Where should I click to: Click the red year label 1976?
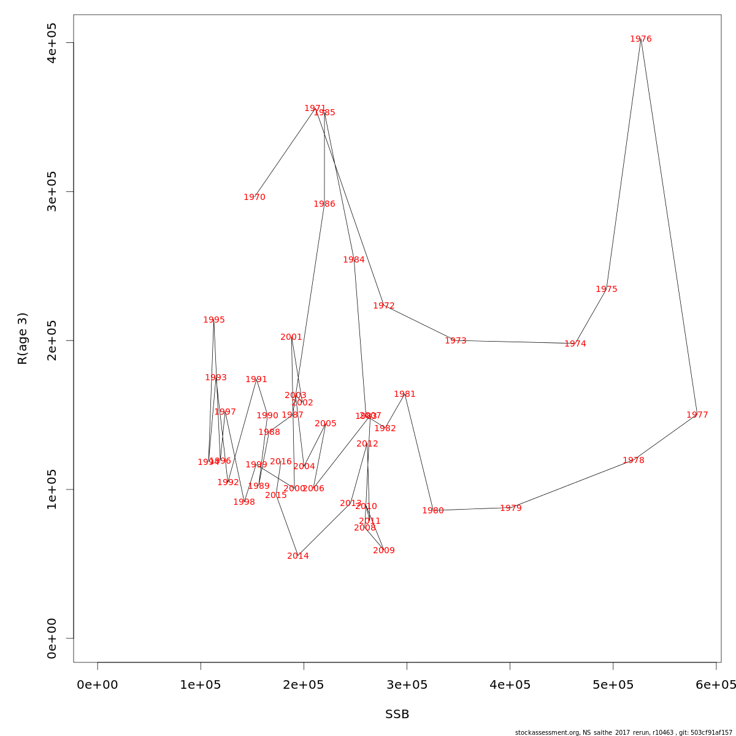tap(641, 39)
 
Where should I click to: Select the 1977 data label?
tap(697, 415)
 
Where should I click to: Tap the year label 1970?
tap(255, 197)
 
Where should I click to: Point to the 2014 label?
tap(298, 556)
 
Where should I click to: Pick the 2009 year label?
tap(384, 551)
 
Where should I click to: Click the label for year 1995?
tap(214, 320)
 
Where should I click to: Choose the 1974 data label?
tap(575, 344)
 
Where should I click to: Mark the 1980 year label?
tap(433, 511)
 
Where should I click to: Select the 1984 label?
tap(354, 260)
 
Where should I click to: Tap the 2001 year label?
tap(291, 337)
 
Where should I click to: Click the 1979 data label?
tap(511, 508)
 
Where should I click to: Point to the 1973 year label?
tap(456, 341)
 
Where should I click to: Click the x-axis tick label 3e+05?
tap(407, 684)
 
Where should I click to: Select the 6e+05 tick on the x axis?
tap(716, 684)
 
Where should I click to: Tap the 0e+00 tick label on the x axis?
tap(98, 684)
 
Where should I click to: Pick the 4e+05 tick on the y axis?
tap(53, 43)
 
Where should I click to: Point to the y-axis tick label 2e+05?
tap(53, 340)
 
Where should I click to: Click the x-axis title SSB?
tap(397, 715)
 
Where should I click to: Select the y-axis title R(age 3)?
tap(23, 339)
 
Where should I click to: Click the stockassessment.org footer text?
tap(624, 732)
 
